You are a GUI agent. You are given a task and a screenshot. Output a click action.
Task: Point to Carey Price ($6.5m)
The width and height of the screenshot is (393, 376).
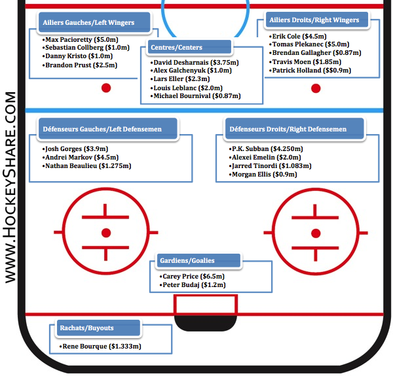[194, 277]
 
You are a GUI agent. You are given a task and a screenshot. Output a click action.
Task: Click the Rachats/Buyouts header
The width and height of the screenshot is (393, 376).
[95, 328]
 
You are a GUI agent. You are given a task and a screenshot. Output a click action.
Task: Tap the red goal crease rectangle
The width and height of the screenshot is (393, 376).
[205, 305]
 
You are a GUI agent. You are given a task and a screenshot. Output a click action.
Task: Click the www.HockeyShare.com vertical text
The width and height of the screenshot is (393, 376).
[11, 186]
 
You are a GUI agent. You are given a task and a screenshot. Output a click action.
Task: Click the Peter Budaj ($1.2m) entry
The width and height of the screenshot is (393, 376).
[194, 285]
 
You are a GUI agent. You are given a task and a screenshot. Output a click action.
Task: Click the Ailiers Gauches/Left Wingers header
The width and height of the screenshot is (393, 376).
[96, 22]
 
